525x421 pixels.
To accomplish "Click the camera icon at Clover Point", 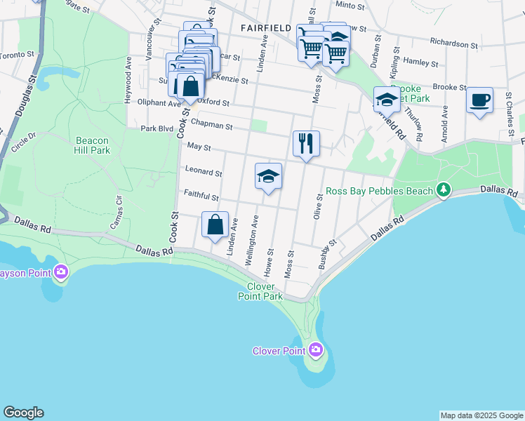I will tap(315, 349).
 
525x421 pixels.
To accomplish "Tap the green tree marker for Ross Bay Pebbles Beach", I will tap(443, 189).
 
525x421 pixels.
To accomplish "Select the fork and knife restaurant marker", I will tap(306, 144).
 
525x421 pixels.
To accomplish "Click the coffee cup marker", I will tap(479, 100).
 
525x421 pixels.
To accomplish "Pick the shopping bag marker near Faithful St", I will tap(215, 225).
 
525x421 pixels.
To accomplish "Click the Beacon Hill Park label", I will tap(93, 145).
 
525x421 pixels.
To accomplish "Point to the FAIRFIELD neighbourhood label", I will tap(265, 27).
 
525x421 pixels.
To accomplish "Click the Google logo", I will tap(23, 413).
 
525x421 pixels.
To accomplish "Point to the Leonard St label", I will tap(203, 171).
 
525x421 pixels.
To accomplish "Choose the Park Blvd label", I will tap(156, 128).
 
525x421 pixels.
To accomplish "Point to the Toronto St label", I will tap(17, 54).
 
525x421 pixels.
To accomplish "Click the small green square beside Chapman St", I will tap(259, 126).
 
